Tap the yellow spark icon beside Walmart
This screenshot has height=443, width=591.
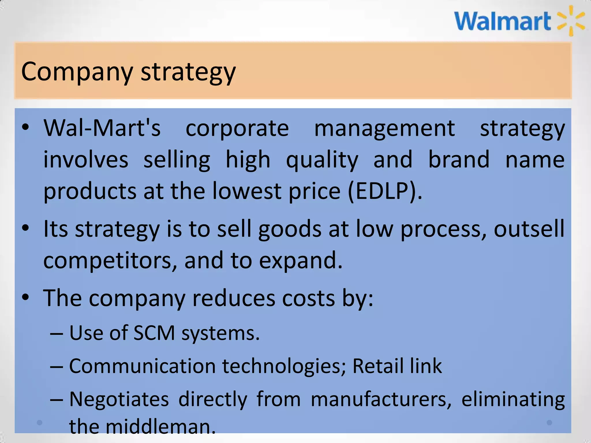pyautogui.click(x=571, y=21)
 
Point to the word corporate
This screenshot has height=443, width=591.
pyautogui.click(x=237, y=129)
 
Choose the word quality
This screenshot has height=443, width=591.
pyautogui.click(x=322, y=160)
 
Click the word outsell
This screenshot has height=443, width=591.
pyautogui.click(x=529, y=228)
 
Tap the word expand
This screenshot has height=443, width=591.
pyautogui.click(x=300, y=260)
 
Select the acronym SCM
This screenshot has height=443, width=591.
pyautogui.click(x=154, y=333)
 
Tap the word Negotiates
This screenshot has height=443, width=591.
pyautogui.click(x=119, y=399)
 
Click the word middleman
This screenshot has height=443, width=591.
pyautogui.click(x=161, y=427)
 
